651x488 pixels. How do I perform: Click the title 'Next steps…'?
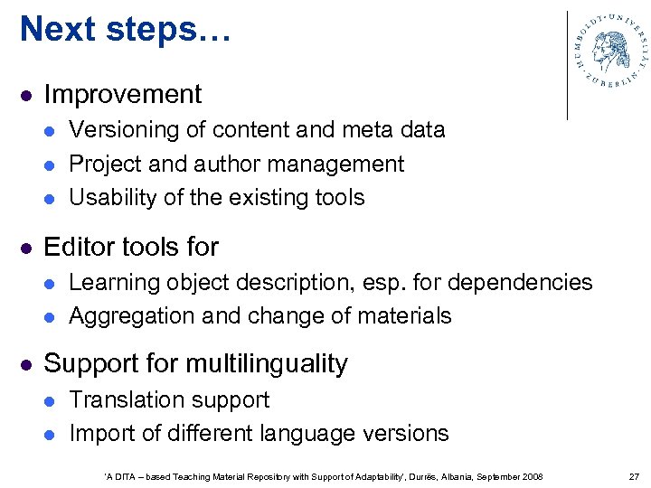point(126,29)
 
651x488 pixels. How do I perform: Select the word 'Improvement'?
point(123,94)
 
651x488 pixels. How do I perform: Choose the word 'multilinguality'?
point(267,363)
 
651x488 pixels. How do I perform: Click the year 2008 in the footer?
point(533,476)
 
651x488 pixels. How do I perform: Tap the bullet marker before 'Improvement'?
point(27,95)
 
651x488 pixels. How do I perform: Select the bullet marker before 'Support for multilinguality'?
point(27,364)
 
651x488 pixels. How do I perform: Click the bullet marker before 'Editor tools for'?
point(27,247)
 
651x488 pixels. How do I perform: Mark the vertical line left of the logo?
point(567,65)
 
